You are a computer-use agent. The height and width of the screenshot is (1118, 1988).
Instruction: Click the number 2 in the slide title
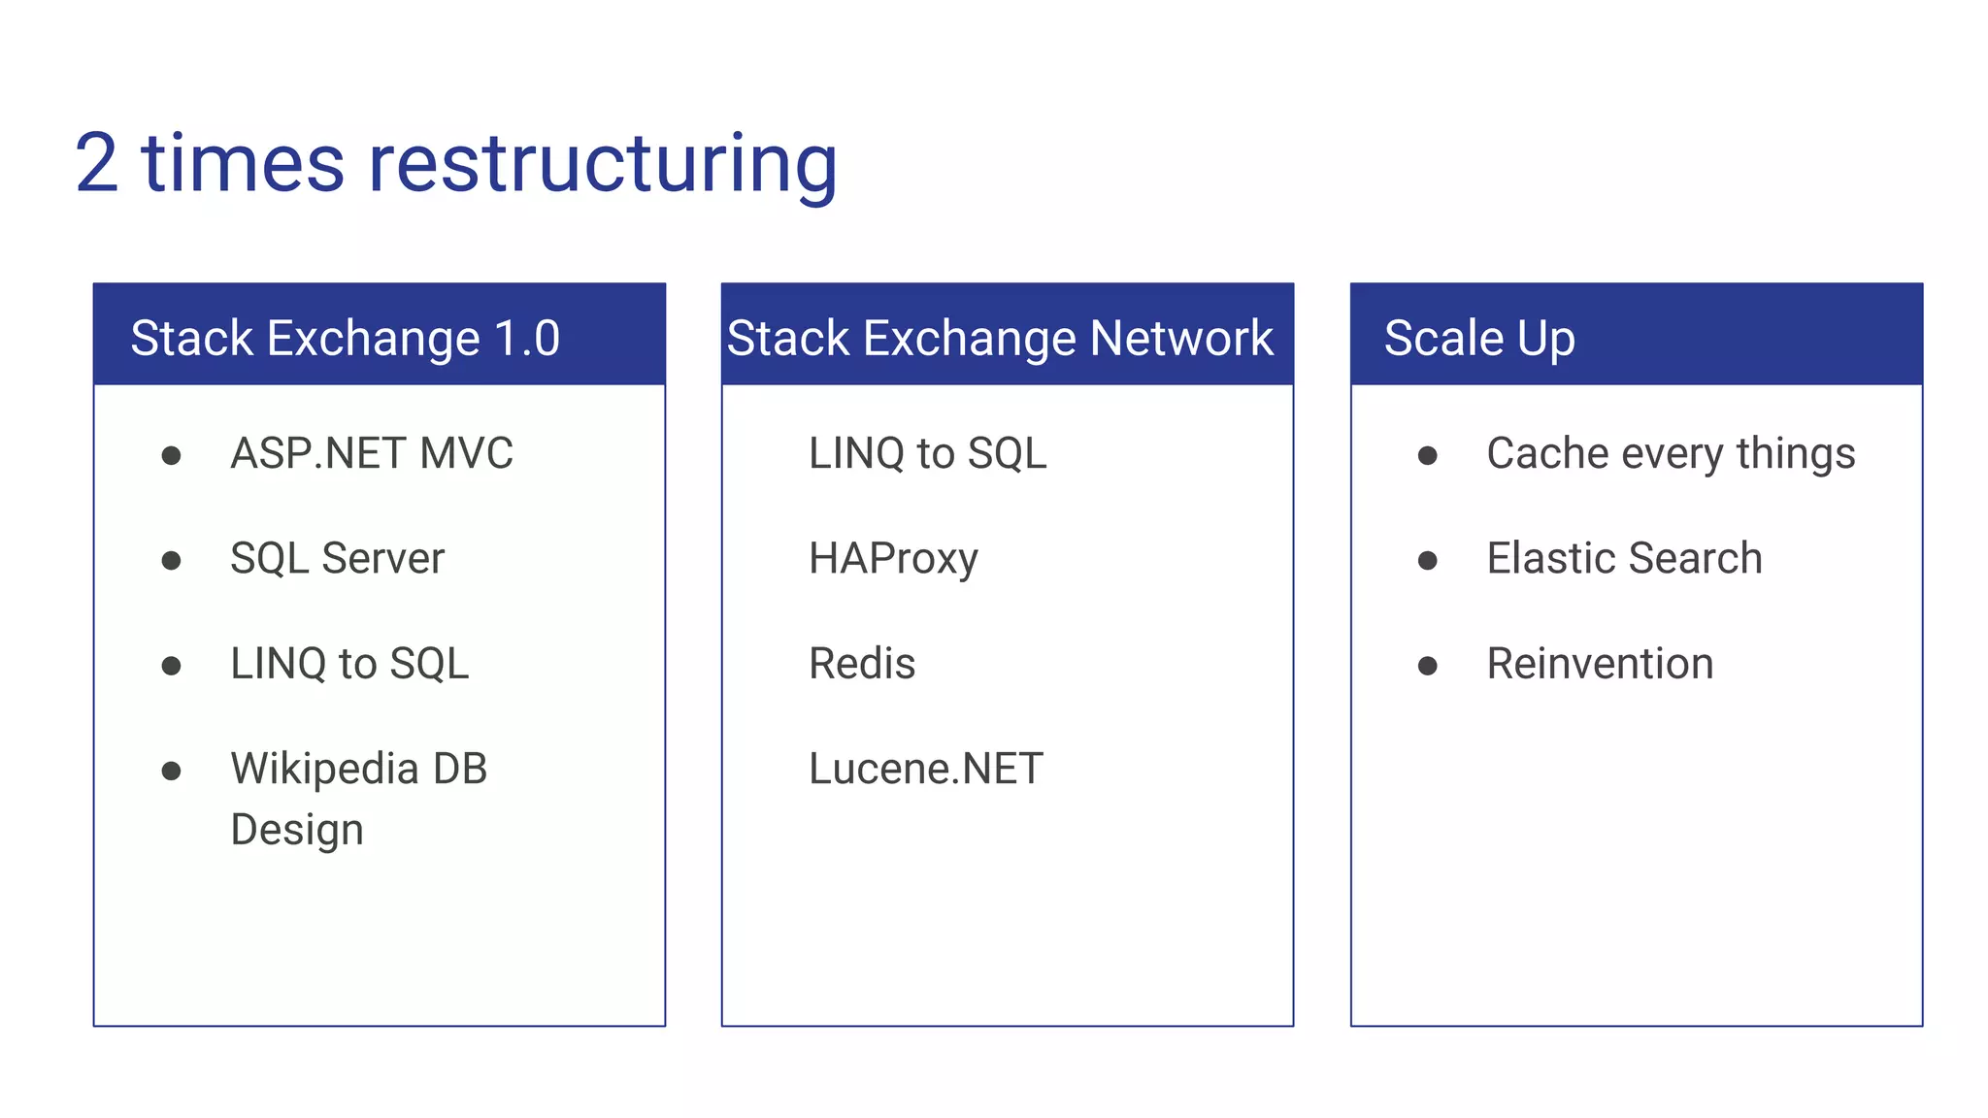[x=97, y=165]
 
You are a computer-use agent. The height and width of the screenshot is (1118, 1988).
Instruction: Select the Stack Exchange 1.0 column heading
[x=345, y=339]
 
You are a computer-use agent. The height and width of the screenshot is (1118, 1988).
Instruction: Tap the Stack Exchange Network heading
[x=1000, y=339]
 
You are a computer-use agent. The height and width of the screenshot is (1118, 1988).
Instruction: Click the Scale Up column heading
[x=1478, y=339]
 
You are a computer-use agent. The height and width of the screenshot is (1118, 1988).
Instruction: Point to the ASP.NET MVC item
[x=371, y=453]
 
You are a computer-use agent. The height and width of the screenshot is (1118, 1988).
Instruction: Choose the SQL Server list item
[x=337, y=559]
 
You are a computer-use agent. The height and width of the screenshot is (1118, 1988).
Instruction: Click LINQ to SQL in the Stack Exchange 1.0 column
[x=349, y=664]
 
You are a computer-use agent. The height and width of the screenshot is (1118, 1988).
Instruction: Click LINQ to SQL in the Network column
[x=927, y=453]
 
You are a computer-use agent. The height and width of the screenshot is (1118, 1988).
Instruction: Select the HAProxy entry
[x=893, y=559]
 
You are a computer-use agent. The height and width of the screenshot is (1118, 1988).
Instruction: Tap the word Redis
[x=862, y=664]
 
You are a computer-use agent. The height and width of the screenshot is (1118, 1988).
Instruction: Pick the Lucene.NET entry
[x=925, y=769]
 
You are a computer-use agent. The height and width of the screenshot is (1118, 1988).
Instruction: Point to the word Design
[x=297, y=830]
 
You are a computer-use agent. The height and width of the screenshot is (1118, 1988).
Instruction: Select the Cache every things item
[x=1670, y=453]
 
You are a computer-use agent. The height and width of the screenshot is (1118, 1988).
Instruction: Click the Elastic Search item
[x=1624, y=559]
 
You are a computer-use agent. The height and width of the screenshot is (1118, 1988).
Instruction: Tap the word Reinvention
[x=1600, y=664]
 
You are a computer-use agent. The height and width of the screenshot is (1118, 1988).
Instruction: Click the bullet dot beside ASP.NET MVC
[x=172, y=455]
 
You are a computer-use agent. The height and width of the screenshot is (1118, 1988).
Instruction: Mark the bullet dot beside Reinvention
[x=1427, y=666]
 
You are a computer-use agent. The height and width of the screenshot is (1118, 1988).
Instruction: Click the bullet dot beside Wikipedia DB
[x=172, y=771]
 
